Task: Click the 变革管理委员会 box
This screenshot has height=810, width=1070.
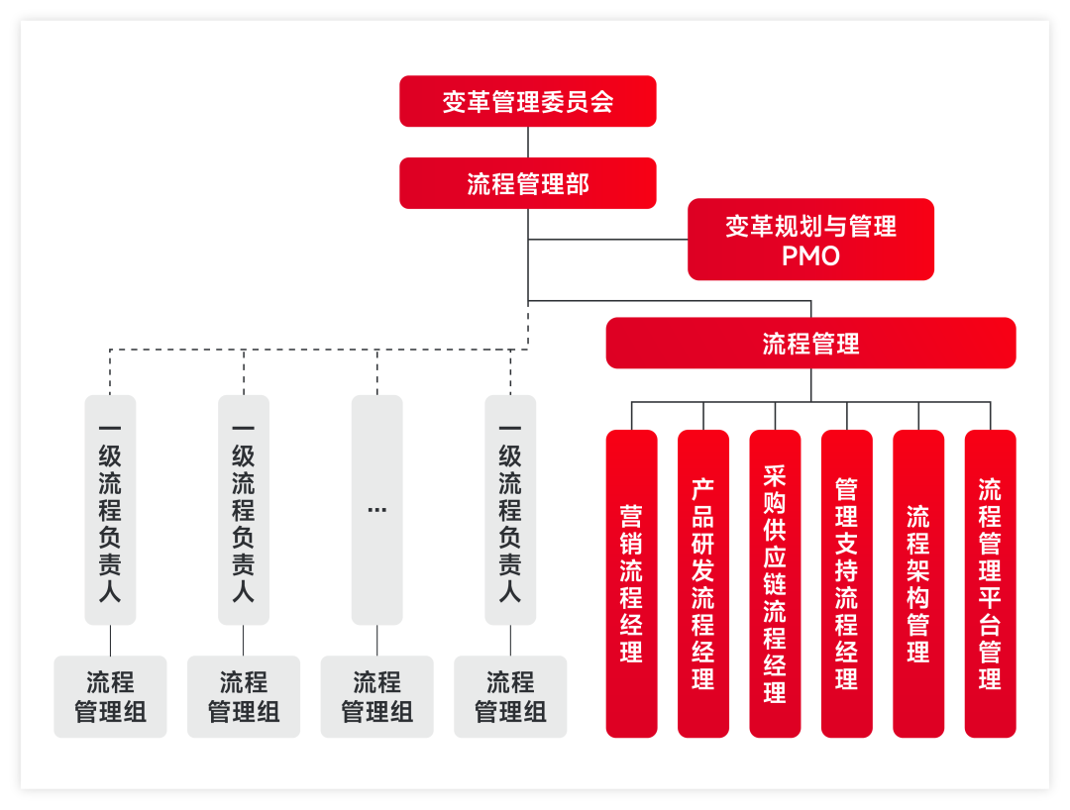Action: coord(527,101)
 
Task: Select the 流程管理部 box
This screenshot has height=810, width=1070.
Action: coord(527,183)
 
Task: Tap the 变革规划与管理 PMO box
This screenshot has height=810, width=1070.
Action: coord(810,240)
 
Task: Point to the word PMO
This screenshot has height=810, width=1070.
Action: coord(810,255)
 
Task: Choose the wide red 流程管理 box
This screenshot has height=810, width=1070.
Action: coord(810,343)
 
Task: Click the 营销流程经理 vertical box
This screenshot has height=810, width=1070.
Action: coord(631,583)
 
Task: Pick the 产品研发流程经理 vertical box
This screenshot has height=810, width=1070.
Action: coord(702,583)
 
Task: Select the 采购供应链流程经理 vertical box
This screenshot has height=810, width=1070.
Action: coord(775,583)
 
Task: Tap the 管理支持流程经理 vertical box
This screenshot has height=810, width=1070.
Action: coord(846,583)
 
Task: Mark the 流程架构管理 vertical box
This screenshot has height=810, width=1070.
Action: coord(918,583)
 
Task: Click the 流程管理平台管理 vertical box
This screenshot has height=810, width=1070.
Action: coord(990,583)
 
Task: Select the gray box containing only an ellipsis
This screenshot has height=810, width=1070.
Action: coord(376,509)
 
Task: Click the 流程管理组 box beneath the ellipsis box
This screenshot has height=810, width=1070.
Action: coord(376,696)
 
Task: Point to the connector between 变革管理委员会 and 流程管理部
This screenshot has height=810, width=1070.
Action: coord(528,142)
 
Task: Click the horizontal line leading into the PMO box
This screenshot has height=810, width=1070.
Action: coord(607,240)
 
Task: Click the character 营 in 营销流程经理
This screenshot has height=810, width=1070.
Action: coord(631,516)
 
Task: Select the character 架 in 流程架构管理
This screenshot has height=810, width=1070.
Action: coord(918,570)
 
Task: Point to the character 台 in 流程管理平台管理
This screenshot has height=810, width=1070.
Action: coord(990,624)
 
